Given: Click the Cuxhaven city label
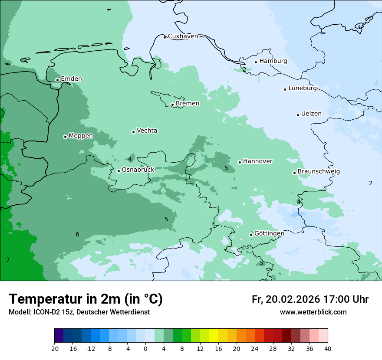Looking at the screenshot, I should pos(183,36).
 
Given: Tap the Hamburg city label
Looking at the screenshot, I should pos(273,61).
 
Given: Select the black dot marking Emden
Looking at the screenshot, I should pos(57,80).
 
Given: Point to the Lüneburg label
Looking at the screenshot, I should pos(302,88).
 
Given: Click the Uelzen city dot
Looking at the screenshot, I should pos(298,115).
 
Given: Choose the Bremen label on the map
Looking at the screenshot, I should pos(187,104).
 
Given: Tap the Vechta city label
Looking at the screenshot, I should pos(147,131).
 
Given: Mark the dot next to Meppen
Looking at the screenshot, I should pos(65,137).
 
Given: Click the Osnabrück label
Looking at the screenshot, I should pos(138,170).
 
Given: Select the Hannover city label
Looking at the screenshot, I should pos(257,161).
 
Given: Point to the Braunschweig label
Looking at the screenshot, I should pos(318,172).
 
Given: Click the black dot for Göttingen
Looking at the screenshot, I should pos(251,235).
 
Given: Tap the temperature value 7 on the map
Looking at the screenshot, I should pos(8,260).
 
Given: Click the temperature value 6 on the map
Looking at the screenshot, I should pos(77,235).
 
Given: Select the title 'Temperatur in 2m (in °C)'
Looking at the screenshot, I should pos(86,299).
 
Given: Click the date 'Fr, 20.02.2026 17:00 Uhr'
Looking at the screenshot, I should pos(310,300).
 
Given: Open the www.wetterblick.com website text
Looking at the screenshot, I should pos(313,312).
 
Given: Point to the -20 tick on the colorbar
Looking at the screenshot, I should pos(54,348).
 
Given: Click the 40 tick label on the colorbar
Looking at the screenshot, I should pos(328,348).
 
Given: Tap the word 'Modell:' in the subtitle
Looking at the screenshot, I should pos(19,312).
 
